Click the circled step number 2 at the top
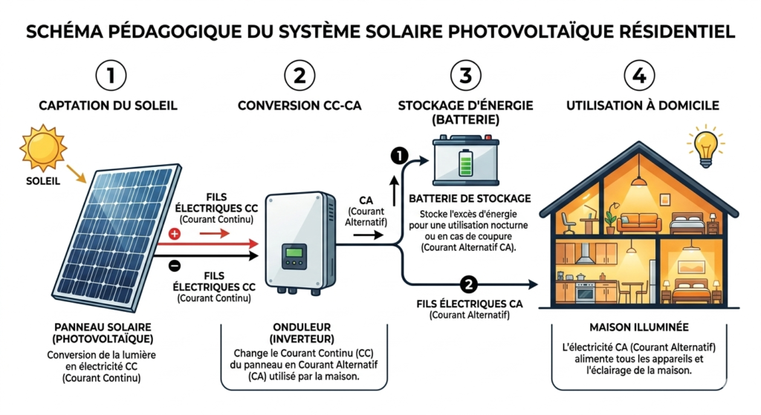click(x=299, y=75)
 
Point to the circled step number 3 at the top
click(x=466, y=75)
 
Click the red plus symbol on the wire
click(x=176, y=233)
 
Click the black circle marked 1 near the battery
click(x=399, y=155)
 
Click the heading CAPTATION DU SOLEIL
click(x=108, y=105)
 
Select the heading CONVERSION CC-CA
click(x=299, y=105)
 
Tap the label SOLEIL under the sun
click(x=39, y=180)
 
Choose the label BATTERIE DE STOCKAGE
click(x=470, y=198)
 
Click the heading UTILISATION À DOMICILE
click(x=642, y=105)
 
